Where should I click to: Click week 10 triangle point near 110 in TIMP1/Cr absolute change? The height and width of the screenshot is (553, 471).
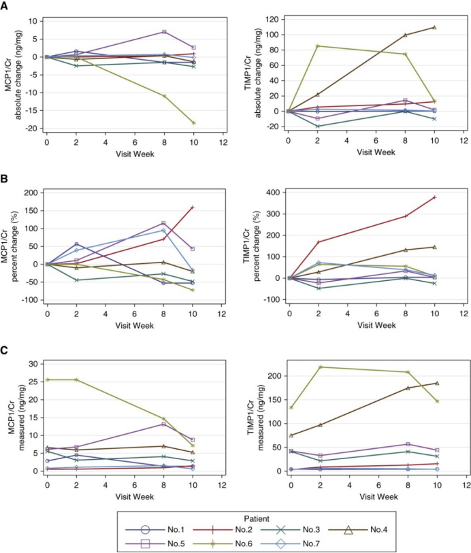434,27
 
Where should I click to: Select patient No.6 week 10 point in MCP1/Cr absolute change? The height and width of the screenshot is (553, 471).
193,123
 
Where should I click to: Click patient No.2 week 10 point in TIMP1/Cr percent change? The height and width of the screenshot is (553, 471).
434,197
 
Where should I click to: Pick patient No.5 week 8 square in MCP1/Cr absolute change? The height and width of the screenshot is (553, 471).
164,32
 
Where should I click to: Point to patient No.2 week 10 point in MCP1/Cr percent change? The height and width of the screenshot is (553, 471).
193,207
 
